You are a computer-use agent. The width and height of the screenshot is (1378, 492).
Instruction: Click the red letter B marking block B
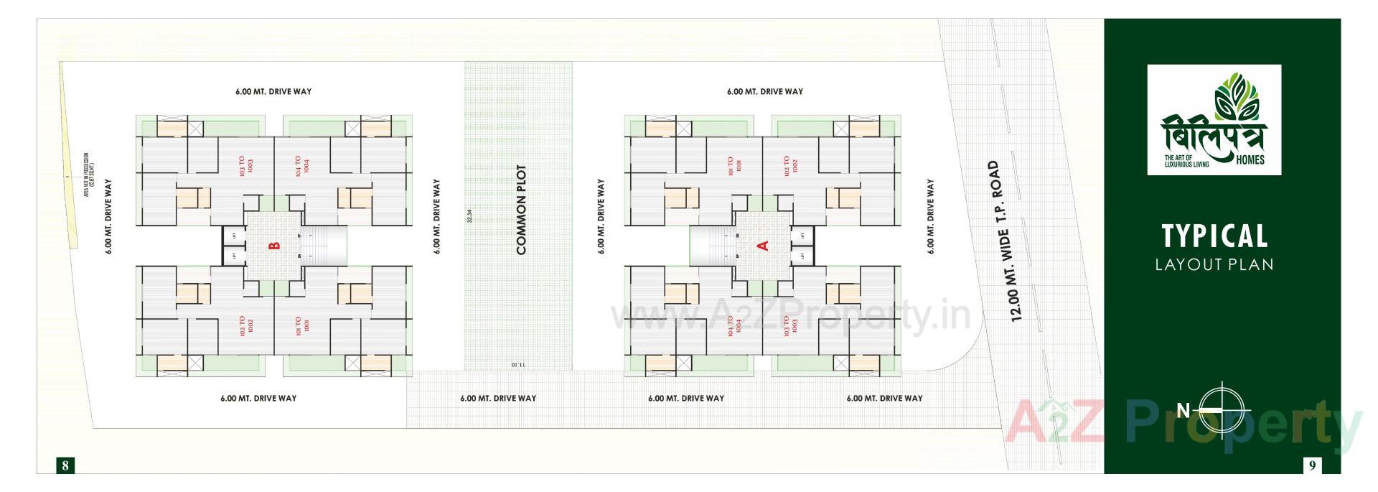pos(273,246)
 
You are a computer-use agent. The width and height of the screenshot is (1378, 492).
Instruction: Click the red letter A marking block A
pos(763,246)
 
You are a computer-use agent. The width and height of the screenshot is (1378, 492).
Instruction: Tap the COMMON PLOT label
pos(522,210)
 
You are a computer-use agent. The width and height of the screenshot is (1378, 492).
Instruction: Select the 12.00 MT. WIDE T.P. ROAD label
pos(1004,241)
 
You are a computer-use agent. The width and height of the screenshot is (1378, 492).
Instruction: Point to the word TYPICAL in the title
pos(1214,236)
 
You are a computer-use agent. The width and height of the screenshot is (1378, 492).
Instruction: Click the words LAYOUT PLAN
pos(1214,264)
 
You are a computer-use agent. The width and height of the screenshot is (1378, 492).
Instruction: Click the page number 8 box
pos(65,465)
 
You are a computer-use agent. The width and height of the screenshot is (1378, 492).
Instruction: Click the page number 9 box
pos(1312,465)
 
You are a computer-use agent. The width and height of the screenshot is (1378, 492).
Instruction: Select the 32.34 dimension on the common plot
pos(469,216)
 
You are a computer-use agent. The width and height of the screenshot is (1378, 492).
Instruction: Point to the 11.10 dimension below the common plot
pos(518,366)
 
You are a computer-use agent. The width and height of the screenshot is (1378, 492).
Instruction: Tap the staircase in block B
pos(324,245)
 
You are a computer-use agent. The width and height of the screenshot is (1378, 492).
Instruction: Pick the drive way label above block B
pos(273,92)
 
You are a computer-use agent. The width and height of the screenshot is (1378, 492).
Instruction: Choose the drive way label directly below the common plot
pos(497,399)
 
